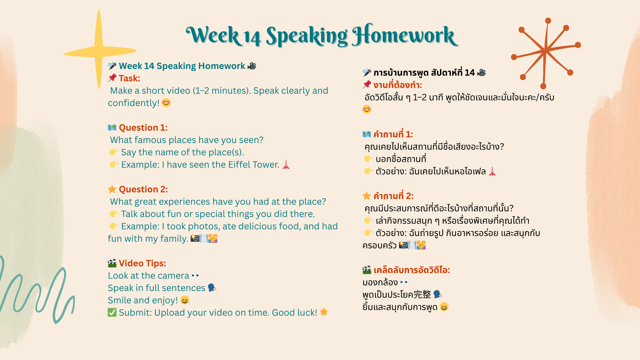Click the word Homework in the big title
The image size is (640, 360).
coord(405,35)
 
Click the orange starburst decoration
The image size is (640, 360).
coord(546,52)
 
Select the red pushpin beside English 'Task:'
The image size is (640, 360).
coord(112,78)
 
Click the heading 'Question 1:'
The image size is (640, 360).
coord(143,128)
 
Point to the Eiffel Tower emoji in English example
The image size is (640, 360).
coord(286,165)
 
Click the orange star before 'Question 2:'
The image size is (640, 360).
coord(112,189)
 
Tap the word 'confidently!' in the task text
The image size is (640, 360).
coord(134,103)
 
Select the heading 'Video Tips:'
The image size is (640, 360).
coord(142,263)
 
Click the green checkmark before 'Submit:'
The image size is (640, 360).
coord(112,312)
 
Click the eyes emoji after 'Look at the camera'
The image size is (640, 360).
coord(196,276)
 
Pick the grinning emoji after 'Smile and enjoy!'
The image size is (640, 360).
coord(185,300)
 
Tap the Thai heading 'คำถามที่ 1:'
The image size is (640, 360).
coord(393,134)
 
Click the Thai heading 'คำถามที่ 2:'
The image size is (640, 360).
coord(393,196)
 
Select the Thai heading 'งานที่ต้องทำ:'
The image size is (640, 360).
coord(398,85)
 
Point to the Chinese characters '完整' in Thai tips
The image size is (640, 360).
coord(422,295)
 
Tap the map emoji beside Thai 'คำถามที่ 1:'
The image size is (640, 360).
coord(367,134)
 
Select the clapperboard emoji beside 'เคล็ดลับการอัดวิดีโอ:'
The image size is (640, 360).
coord(367,270)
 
